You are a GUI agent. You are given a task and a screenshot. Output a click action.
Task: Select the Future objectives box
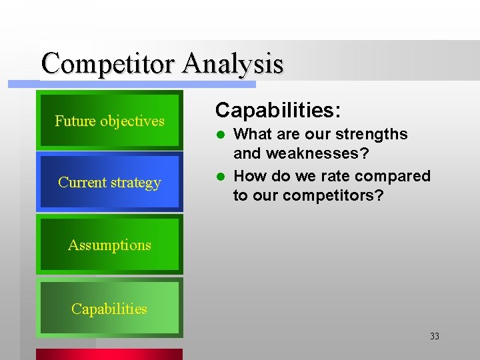click(x=109, y=121)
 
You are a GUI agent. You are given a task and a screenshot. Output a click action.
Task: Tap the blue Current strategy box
click(x=109, y=182)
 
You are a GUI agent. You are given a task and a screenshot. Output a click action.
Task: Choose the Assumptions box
click(x=109, y=245)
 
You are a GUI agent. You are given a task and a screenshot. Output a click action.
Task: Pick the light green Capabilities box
click(x=109, y=309)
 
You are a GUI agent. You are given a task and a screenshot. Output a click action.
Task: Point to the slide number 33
click(x=435, y=337)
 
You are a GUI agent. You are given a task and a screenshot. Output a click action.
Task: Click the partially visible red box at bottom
click(x=109, y=354)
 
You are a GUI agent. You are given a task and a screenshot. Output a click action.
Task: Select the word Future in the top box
click(x=75, y=121)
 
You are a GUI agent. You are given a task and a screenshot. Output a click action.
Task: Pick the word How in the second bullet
click(x=249, y=176)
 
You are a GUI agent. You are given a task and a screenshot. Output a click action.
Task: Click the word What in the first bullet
click(x=253, y=134)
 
